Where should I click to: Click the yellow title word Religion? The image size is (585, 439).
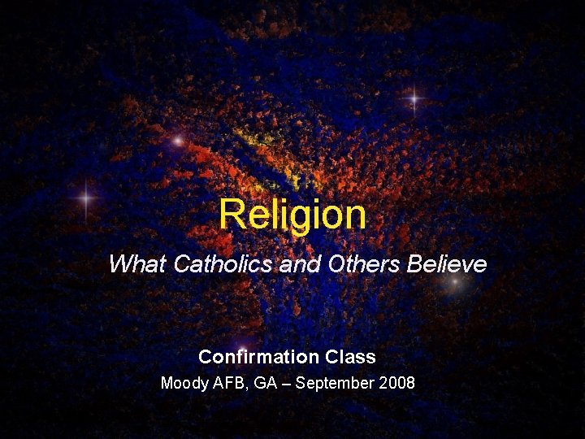coord(292,215)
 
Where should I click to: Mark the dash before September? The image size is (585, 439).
coord(285,382)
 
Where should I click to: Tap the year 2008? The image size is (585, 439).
coord(396,382)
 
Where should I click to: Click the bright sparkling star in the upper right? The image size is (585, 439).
coord(414,100)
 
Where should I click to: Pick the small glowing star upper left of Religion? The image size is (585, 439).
coord(177,141)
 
